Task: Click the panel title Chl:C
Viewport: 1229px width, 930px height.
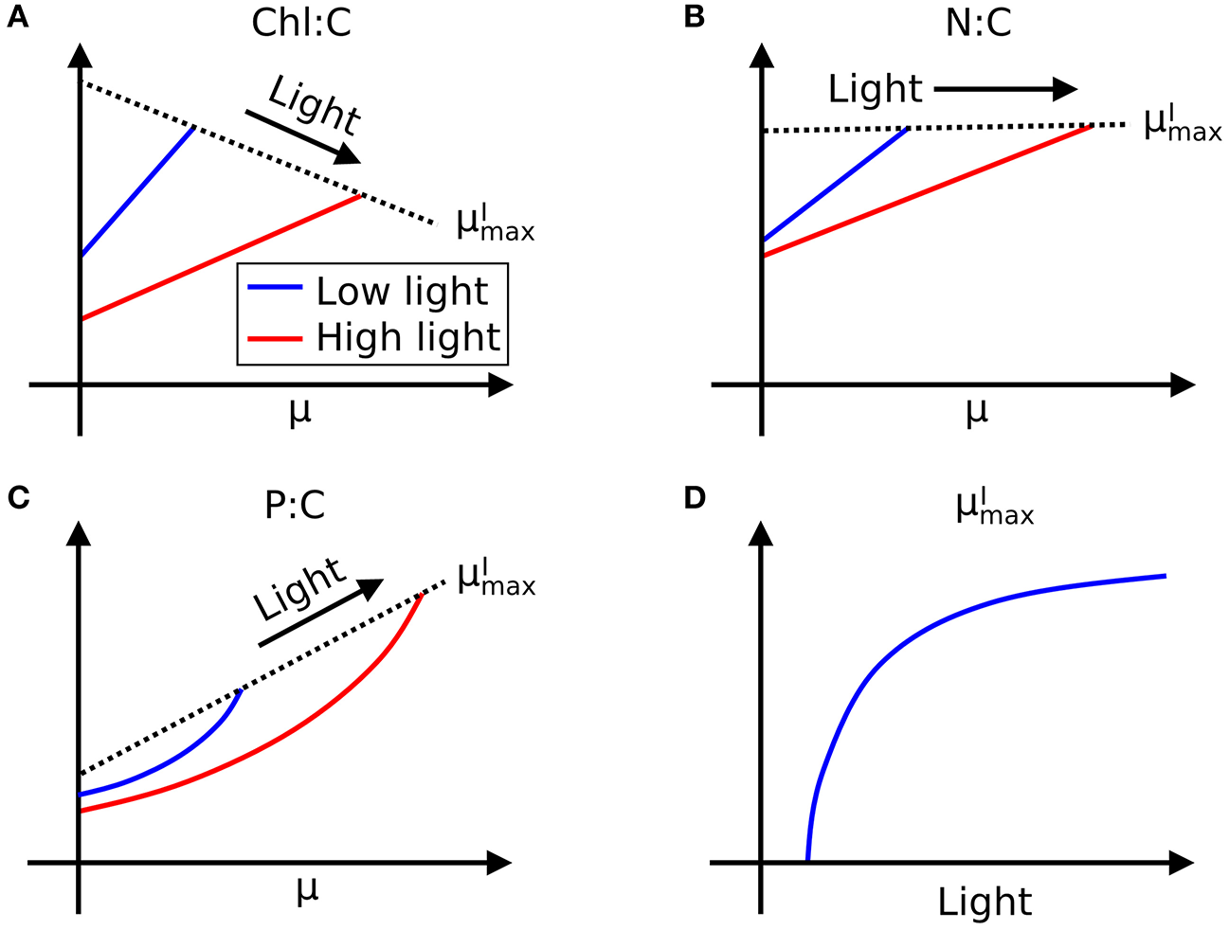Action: click(301, 23)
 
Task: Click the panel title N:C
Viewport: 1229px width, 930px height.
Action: click(979, 23)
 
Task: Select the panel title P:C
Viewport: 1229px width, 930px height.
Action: click(295, 506)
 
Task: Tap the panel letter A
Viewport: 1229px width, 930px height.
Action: click(17, 18)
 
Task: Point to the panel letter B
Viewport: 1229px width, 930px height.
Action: click(694, 18)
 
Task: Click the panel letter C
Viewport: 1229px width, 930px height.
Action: click(17, 498)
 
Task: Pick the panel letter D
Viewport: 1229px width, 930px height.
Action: click(695, 498)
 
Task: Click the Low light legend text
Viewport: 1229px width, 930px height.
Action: click(402, 292)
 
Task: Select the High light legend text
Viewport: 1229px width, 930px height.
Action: click(407, 337)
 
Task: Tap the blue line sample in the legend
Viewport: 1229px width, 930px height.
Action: click(275, 287)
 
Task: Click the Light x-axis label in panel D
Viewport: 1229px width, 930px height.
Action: click(985, 903)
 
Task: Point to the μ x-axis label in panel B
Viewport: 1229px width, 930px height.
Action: click(976, 412)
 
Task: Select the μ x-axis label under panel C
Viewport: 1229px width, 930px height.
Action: click(305, 890)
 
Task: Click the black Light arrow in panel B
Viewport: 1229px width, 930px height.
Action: click(1004, 90)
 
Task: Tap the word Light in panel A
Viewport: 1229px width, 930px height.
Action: click(314, 105)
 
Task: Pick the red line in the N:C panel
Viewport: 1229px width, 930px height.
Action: click(929, 189)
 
